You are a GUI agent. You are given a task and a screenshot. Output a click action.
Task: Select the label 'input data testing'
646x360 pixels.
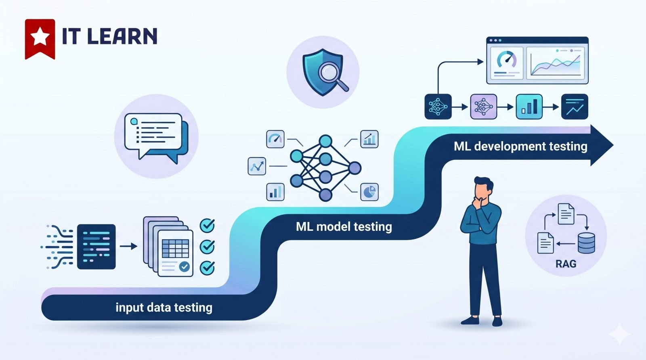(x=164, y=308)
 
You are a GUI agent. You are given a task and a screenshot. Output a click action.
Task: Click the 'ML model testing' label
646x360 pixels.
(x=344, y=227)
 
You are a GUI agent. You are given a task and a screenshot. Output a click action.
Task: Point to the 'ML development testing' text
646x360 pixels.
(x=520, y=147)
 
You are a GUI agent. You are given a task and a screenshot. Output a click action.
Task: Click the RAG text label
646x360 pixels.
(x=566, y=264)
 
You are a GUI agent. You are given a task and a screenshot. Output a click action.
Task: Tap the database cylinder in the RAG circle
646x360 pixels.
(x=586, y=243)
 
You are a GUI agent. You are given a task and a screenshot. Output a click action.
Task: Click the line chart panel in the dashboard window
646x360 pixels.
(x=556, y=63)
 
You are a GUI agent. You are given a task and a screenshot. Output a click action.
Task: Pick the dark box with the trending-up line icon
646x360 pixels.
(x=575, y=107)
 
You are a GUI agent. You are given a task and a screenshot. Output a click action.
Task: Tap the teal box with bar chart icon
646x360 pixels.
(x=529, y=107)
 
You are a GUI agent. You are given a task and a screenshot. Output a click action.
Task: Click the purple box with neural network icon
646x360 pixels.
(x=484, y=107)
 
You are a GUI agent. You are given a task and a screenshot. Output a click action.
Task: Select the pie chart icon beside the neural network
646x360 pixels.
(x=369, y=192)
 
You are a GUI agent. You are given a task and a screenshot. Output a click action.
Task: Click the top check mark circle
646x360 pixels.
(x=207, y=225)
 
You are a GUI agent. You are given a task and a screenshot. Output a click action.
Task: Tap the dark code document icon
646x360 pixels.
(x=96, y=247)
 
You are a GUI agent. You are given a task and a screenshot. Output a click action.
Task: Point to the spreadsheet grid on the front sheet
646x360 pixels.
(x=175, y=248)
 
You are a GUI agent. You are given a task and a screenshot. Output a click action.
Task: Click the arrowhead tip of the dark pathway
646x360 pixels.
(x=613, y=145)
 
